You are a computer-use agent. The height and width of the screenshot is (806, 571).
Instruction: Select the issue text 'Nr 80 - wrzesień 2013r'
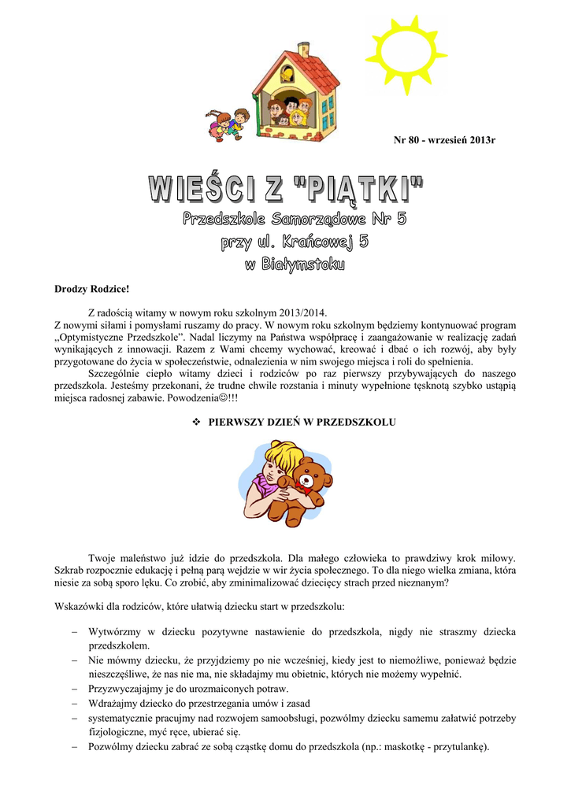(x=444, y=140)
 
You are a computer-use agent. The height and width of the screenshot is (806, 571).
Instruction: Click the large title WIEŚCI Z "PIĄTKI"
(x=286, y=189)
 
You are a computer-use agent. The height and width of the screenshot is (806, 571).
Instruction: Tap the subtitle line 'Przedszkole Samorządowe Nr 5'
(x=295, y=219)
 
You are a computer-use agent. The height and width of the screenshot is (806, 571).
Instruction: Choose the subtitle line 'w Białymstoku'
(x=295, y=265)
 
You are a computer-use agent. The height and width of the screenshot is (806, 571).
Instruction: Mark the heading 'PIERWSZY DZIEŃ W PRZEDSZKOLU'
(x=302, y=422)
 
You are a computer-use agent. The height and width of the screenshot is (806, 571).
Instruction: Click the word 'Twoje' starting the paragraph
(x=103, y=557)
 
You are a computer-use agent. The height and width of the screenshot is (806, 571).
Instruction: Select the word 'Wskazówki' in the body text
(x=79, y=606)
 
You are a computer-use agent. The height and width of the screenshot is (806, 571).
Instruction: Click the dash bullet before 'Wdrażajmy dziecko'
(x=73, y=703)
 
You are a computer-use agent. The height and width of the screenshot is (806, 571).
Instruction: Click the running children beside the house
(x=227, y=122)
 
